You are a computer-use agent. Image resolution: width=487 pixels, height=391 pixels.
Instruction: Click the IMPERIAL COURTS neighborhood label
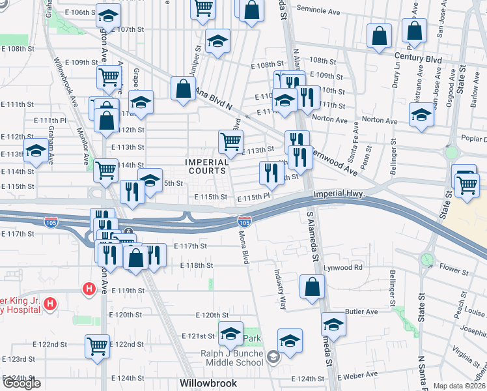point(207,166)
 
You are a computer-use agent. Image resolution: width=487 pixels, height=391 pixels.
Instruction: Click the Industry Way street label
point(282,289)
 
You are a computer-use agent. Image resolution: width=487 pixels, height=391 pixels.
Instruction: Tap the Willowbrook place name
point(208,383)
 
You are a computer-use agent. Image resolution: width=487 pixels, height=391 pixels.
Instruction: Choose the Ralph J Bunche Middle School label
point(237,356)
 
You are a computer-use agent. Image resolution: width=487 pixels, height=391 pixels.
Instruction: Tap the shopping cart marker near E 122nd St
point(97,345)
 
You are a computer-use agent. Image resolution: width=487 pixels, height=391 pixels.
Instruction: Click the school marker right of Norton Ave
point(421,115)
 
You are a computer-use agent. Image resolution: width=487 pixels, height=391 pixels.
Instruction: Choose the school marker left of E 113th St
point(36,150)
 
